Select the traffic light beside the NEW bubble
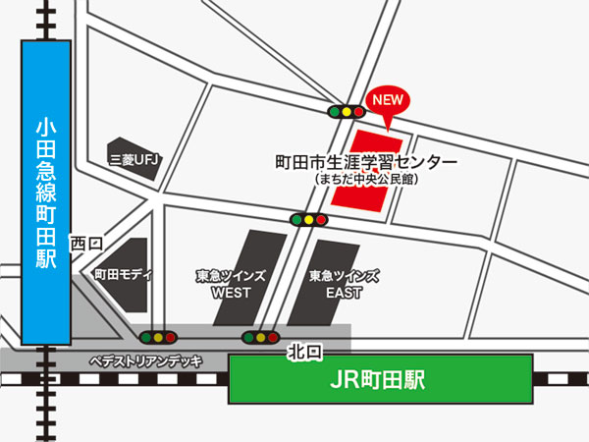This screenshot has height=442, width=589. click(x=346, y=112)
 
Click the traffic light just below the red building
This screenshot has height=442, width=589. click(x=308, y=219)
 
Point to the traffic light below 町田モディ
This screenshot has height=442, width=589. click(x=158, y=337)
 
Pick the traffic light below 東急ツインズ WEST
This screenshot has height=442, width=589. click(x=260, y=338)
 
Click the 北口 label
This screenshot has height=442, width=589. click(x=303, y=351)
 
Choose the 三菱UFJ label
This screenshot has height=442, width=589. click(x=134, y=159)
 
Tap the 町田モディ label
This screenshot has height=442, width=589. click(x=123, y=275)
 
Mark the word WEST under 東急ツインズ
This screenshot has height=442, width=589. click(x=231, y=293)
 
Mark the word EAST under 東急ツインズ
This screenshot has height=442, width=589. click(x=343, y=293)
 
